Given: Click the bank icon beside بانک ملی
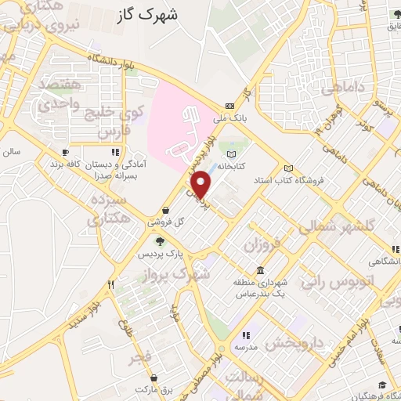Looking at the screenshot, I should pyautogui.click(x=229, y=107).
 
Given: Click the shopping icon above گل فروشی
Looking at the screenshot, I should pyautogui.click(x=166, y=210).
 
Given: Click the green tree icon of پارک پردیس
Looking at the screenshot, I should pyautogui.click(x=160, y=242).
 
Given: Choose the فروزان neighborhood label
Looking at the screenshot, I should pyautogui.click(x=261, y=245).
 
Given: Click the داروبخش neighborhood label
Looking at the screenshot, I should pyautogui.click(x=294, y=342).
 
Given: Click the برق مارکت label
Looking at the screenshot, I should pyautogui.click(x=152, y=389).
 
